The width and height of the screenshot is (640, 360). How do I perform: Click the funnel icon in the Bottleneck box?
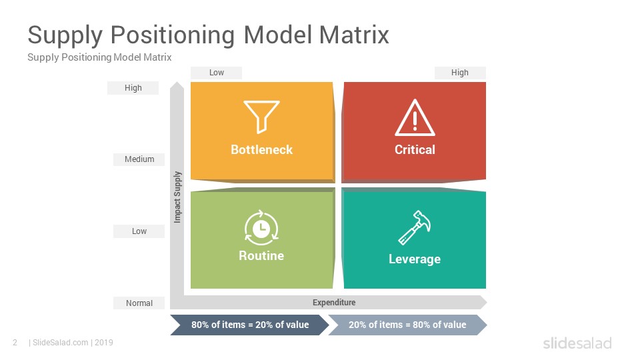click(261, 116)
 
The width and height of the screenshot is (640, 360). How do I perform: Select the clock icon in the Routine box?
click(261, 228)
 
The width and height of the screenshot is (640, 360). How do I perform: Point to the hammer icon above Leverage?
click(415, 227)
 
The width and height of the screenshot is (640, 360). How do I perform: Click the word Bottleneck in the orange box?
click(261, 150)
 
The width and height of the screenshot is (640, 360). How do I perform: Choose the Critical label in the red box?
click(415, 150)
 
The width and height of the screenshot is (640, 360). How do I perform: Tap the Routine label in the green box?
click(261, 256)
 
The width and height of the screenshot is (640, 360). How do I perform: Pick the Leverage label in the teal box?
click(415, 259)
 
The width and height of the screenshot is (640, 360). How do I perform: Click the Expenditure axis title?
click(334, 303)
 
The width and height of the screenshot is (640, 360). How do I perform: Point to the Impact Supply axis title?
click(177, 197)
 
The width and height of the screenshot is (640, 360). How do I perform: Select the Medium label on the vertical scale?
click(139, 159)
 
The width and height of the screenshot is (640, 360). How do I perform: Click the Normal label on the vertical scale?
click(139, 303)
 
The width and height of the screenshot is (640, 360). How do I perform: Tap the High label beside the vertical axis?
click(133, 88)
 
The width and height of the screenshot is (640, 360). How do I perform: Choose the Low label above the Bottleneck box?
click(216, 73)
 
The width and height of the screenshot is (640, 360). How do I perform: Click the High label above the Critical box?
click(459, 73)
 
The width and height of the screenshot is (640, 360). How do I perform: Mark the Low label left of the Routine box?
click(139, 231)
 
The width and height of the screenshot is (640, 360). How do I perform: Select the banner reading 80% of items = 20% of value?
click(250, 325)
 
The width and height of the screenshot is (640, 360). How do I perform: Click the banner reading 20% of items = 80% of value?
click(407, 325)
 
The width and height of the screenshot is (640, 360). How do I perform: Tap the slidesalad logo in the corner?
click(577, 343)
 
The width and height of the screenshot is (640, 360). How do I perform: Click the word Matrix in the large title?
click(354, 35)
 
